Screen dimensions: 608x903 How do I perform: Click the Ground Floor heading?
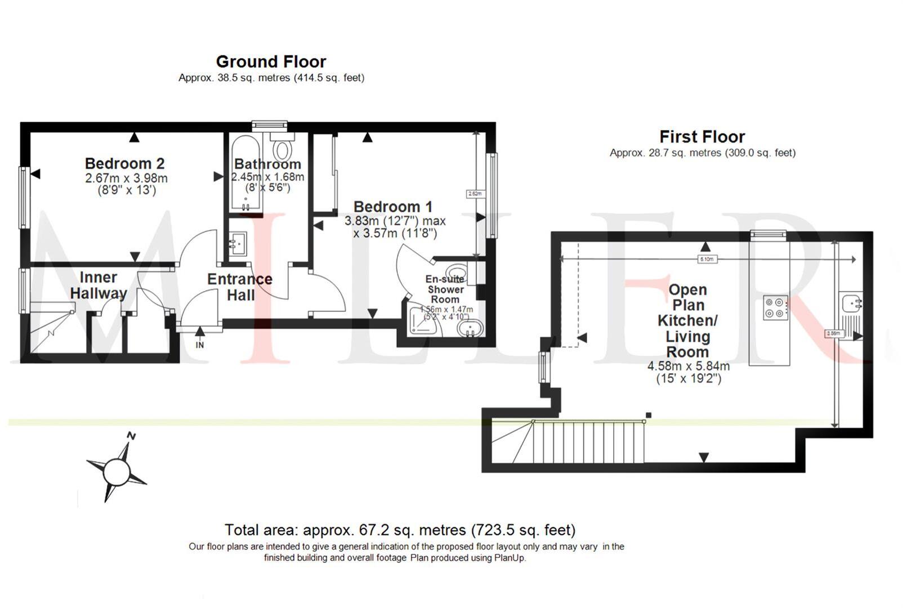tap(271, 62)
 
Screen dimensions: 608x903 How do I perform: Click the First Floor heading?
tap(701, 137)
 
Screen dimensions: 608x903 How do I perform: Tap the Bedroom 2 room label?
tap(124, 164)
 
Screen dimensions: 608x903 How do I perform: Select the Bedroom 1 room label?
tap(392, 207)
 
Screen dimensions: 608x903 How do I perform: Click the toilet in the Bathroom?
tap(281, 149)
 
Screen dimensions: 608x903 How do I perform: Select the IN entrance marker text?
tap(200, 345)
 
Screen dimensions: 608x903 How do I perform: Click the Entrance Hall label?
tap(240, 287)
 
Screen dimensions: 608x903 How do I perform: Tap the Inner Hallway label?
tap(98, 285)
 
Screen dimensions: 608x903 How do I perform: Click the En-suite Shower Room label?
tap(445, 289)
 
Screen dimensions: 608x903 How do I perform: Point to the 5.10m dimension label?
tap(707, 260)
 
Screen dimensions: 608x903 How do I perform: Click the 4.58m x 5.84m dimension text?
tap(689, 366)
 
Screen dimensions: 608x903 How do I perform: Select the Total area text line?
tap(400, 530)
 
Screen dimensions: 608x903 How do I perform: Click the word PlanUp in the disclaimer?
tap(509, 558)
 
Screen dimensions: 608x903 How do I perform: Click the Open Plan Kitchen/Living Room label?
tap(687, 321)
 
